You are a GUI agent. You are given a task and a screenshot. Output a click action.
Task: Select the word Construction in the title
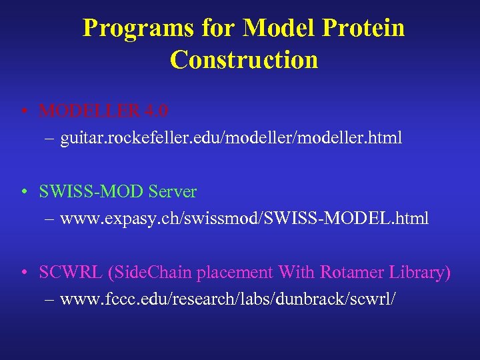[244, 60]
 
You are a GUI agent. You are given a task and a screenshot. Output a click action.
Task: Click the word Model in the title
[273, 29]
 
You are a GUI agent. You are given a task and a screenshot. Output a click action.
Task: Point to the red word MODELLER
[90, 110]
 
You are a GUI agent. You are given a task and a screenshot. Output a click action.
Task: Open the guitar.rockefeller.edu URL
[231, 139]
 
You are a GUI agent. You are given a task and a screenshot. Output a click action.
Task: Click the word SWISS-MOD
[92, 192]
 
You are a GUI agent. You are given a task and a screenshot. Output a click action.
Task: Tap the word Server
[173, 192]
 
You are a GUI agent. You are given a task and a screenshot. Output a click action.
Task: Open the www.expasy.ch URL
[244, 218]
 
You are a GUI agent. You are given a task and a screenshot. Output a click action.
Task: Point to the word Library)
[417, 272]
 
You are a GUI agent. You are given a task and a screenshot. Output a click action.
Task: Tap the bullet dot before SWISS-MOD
[25, 193]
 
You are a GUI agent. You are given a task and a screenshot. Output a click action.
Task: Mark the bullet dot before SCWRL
[25, 273]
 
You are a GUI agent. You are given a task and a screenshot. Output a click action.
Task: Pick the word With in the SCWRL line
[297, 272]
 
